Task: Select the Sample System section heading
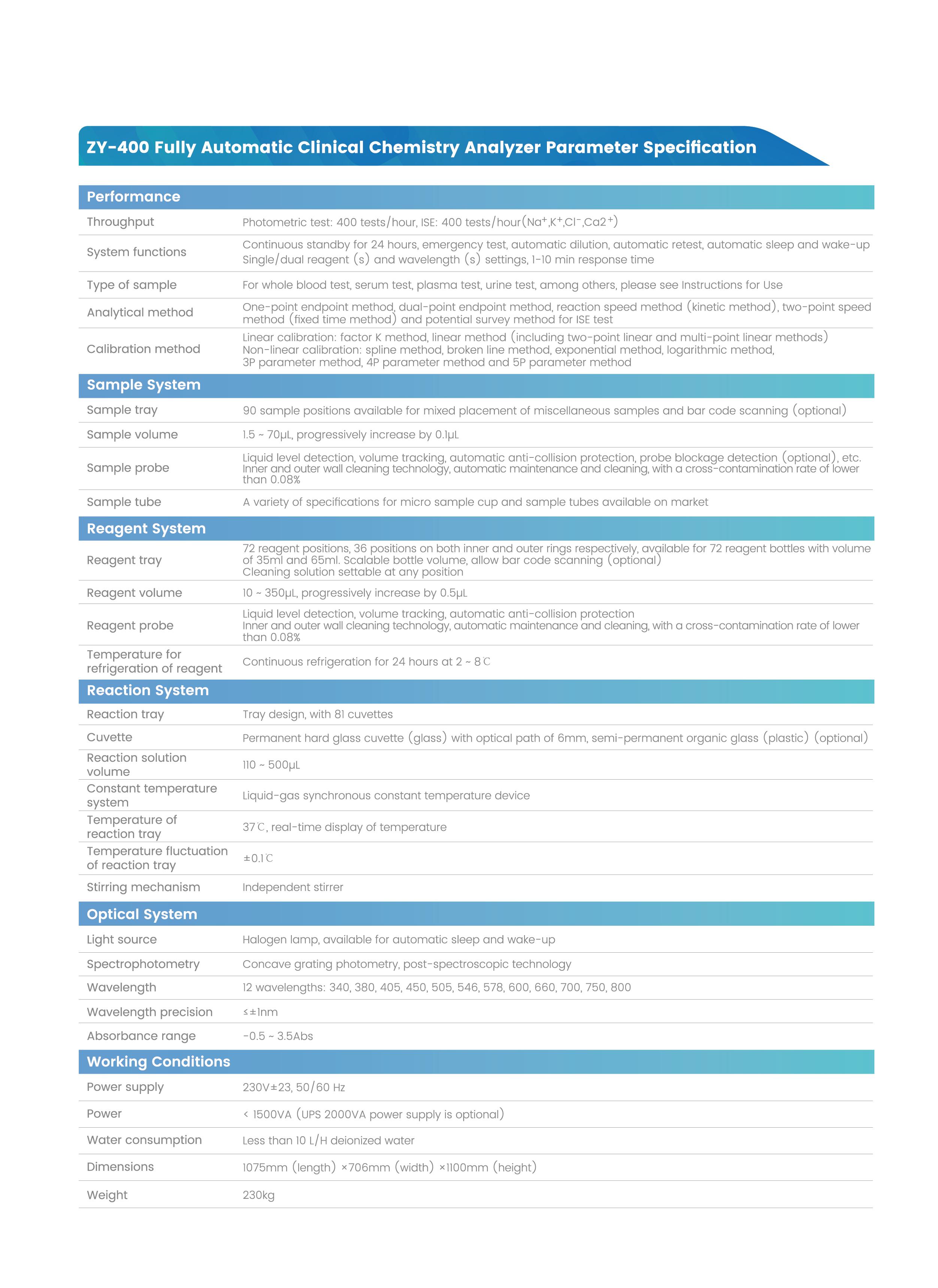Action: click(x=143, y=385)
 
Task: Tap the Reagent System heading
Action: click(x=146, y=529)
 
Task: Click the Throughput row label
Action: click(x=120, y=222)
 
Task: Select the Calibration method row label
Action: click(x=143, y=349)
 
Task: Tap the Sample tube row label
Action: click(x=124, y=502)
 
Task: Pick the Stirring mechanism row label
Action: click(x=143, y=887)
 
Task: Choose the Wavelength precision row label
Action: click(x=149, y=1012)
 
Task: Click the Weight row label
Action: click(x=107, y=1195)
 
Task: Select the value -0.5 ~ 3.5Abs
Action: click(x=278, y=1036)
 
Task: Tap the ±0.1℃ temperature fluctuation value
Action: click(x=258, y=858)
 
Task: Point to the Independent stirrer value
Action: click(x=293, y=887)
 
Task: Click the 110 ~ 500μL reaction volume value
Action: click(x=271, y=765)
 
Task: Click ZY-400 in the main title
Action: click(x=118, y=148)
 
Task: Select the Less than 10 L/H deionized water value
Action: click(x=328, y=1140)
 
